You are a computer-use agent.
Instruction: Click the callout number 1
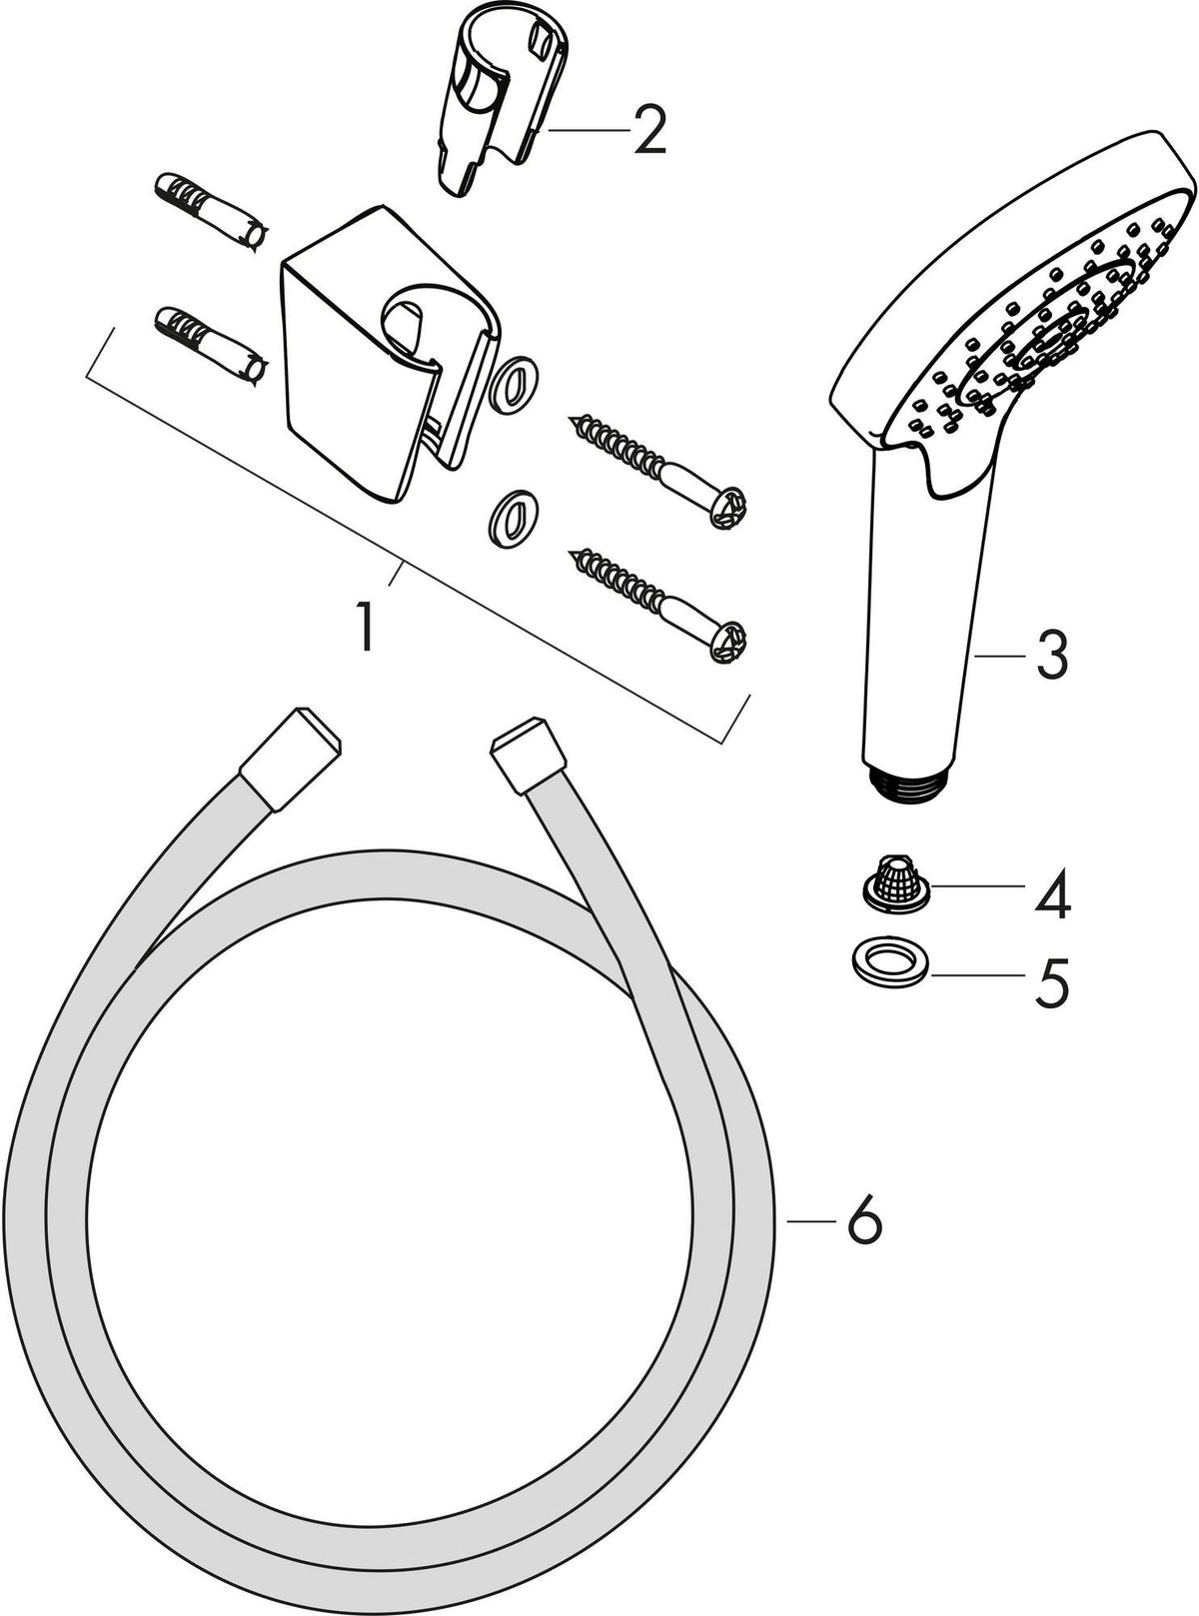click(367, 627)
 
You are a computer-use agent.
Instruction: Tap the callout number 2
click(649, 130)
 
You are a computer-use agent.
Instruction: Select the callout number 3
click(1052, 656)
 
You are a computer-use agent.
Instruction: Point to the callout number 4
click(1053, 893)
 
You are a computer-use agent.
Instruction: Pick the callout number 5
click(1052, 982)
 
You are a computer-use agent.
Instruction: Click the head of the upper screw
click(726, 507)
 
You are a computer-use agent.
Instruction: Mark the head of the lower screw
click(728, 642)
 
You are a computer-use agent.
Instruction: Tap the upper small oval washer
click(515, 380)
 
